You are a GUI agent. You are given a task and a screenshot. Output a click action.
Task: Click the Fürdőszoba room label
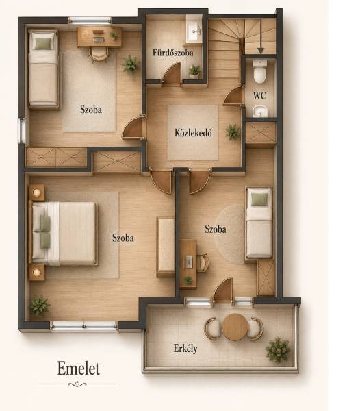tap(173, 53)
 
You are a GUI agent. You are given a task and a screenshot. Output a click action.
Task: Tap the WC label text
tap(259, 95)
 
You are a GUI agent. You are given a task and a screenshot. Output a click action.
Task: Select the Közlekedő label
tap(193, 133)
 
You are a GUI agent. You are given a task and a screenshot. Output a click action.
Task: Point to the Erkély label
tap(185, 349)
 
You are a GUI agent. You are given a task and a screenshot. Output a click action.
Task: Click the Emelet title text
tap(79, 369)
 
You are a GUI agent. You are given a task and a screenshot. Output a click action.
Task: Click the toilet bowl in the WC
tap(260, 71)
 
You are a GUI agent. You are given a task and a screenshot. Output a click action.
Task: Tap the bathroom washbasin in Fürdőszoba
tap(194, 32)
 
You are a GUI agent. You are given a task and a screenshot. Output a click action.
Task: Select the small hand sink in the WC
tap(259, 112)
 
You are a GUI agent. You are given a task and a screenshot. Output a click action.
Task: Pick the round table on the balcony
tap(235, 327)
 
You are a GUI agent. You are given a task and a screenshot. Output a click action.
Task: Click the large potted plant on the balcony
tap(278, 350)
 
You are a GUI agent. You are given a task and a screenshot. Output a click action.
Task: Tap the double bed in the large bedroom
tap(63, 233)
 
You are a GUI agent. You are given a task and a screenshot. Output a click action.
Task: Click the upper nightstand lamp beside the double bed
tap(36, 192)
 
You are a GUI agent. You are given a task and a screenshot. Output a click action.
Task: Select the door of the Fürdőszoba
tap(172, 71)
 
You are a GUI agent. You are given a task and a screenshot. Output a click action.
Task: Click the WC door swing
tap(233, 96)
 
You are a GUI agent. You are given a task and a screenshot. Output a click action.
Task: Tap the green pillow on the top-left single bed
tap(43, 44)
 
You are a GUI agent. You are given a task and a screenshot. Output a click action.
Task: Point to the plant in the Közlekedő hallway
tap(233, 132)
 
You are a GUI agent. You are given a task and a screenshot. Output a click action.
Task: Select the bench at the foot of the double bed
tap(166, 247)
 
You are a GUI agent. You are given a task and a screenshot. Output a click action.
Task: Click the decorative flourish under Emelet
tap(77, 384)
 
